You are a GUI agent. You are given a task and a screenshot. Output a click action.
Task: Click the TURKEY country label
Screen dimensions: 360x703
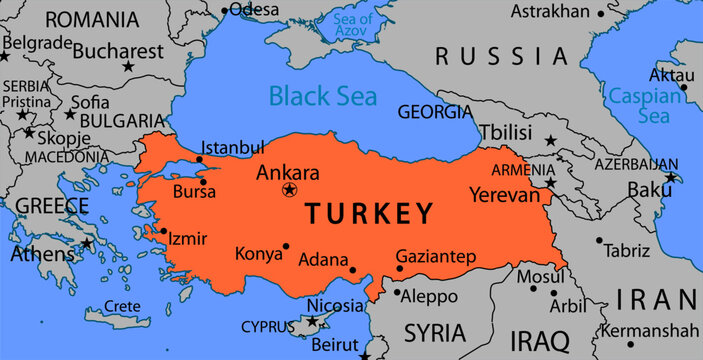click(x=369, y=213)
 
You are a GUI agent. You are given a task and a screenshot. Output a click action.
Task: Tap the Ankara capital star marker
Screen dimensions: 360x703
click(x=290, y=190)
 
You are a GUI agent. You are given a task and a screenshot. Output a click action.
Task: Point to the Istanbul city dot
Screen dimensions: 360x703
click(x=199, y=159)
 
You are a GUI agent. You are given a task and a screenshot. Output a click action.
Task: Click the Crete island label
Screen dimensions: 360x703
click(x=122, y=307)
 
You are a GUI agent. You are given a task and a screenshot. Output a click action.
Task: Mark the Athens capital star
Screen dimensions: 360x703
click(x=87, y=242)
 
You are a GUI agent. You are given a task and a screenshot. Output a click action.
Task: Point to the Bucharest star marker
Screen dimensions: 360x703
click(x=127, y=66)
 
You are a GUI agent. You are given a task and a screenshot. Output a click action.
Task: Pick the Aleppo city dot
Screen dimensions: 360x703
click(x=396, y=294)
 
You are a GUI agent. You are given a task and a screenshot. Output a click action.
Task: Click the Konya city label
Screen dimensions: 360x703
click(x=259, y=254)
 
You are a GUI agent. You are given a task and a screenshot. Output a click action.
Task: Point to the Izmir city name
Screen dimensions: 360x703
click(x=188, y=239)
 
